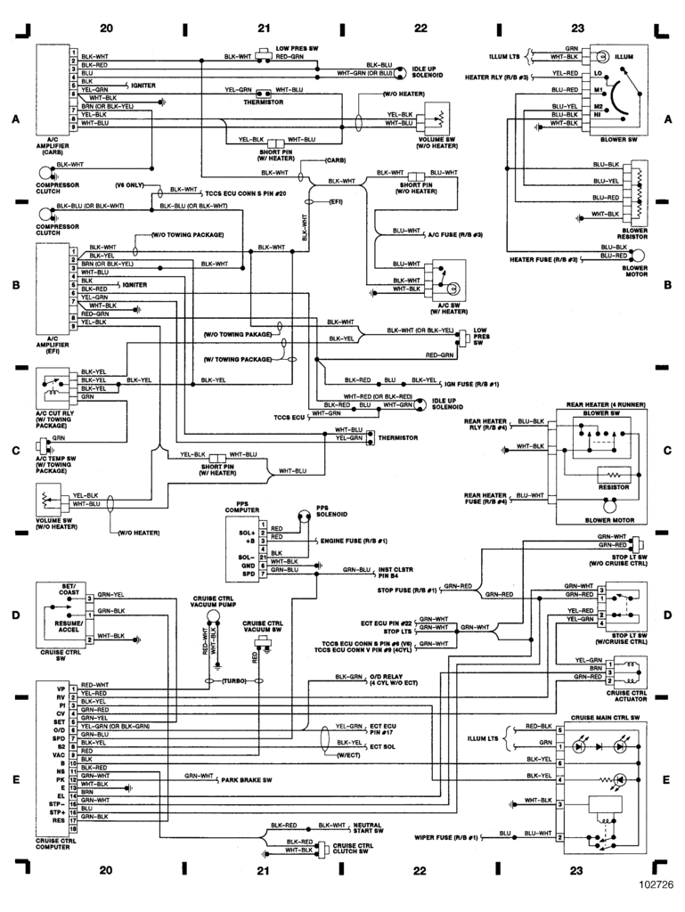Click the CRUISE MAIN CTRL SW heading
coord(607,717)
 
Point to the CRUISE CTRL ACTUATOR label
coord(626,695)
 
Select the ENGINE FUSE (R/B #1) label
coord(353,541)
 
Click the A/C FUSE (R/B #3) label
coord(455,234)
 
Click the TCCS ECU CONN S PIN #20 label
coord(245,193)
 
